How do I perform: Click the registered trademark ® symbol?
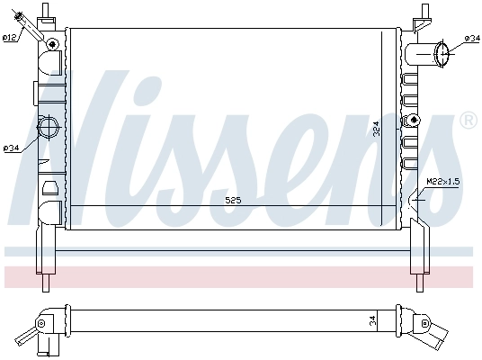coord(468,120)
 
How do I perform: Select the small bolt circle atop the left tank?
coord(53,44)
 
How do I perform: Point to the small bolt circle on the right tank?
coord(414,120)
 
